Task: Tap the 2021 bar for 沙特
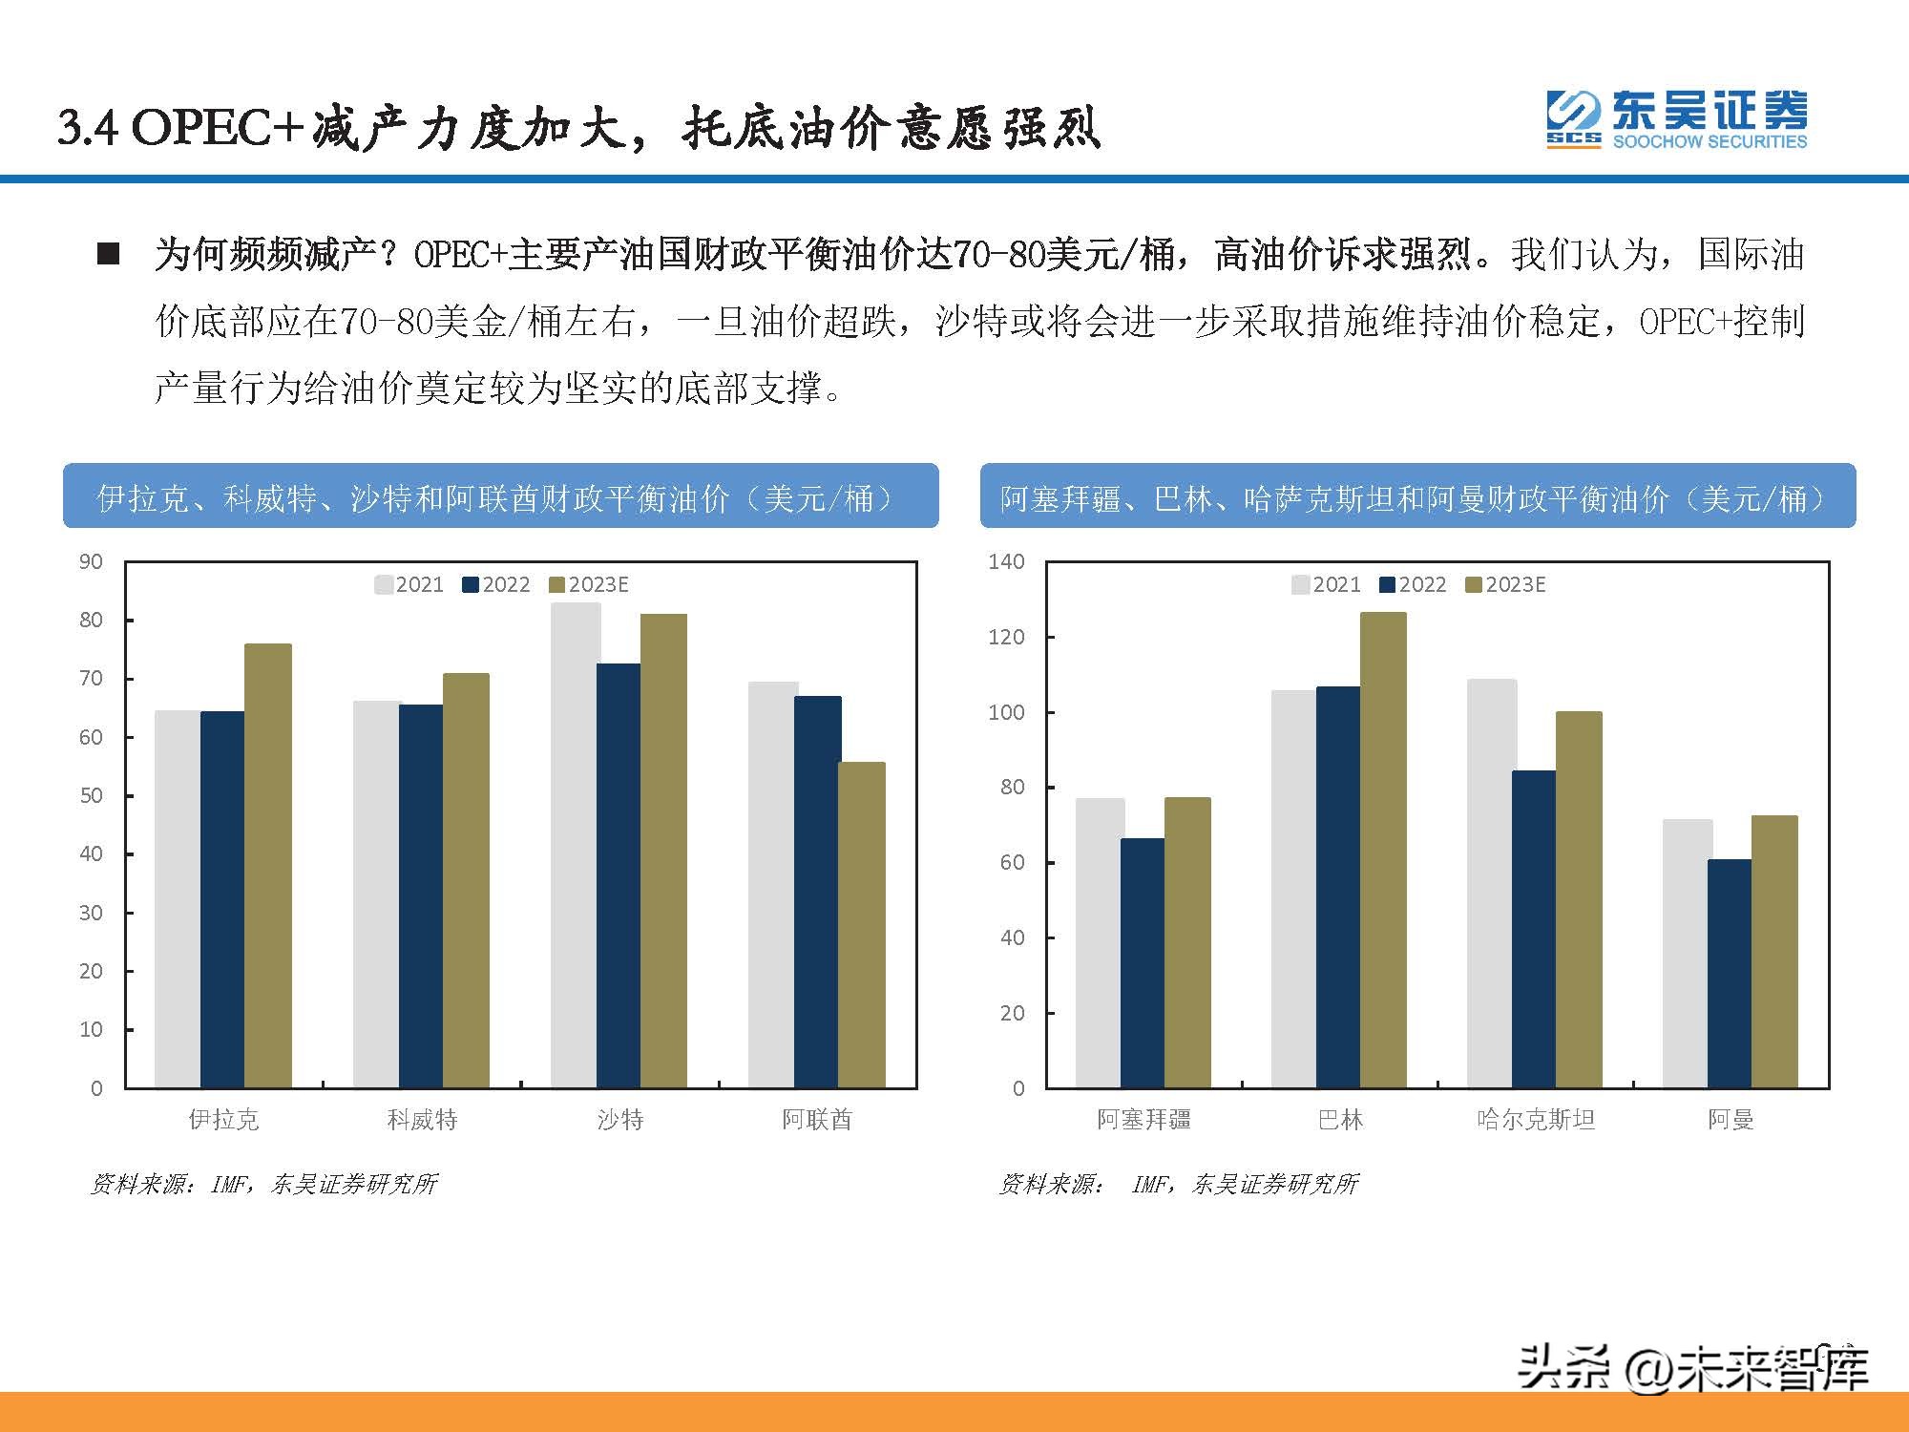pyautogui.click(x=575, y=845)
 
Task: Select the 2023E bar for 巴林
pyautogui.click(x=1383, y=850)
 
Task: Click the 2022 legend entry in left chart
pyautogui.click(x=496, y=584)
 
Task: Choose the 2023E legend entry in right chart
pyautogui.click(x=1505, y=584)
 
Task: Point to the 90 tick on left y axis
pyautogui.click(x=91, y=561)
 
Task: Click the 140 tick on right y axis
pyautogui.click(x=1006, y=561)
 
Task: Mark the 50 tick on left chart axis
pyautogui.click(x=91, y=795)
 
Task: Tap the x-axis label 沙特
pyautogui.click(x=620, y=1119)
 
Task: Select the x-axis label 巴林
pyautogui.click(x=1340, y=1119)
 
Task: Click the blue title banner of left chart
pyautogui.click(x=500, y=496)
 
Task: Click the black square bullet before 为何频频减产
pyautogui.click(x=109, y=254)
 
